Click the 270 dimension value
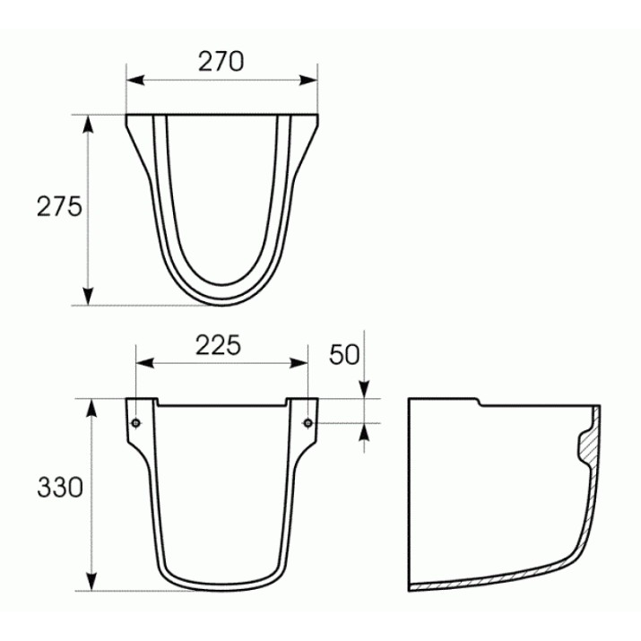[x=221, y=61]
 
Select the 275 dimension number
[x=60, y=206]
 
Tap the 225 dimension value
[x=219, y=345]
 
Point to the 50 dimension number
[x=344, y=354]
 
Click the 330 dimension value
[x=60, y=488]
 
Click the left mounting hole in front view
[x=136, y=423]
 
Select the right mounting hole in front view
[x=308, y=423]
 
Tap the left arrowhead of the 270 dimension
[x=135, y=81]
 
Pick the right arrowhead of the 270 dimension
[x=308, y=81]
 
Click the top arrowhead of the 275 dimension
[x=88, y=125]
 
